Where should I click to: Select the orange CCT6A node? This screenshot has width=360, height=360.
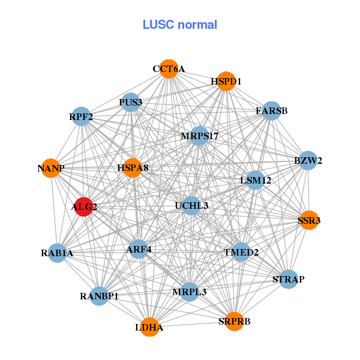(169, 70)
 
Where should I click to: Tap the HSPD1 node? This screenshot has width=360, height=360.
(226, 81)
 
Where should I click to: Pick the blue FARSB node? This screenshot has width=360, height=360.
(271, 111)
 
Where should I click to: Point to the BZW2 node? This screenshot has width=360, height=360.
(308, 160)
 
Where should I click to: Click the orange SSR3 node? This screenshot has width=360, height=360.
(308, 220)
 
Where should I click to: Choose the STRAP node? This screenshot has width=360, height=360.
(289, 279)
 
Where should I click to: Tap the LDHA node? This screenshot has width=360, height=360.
(149, 327)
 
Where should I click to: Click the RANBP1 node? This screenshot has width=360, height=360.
(100, 296)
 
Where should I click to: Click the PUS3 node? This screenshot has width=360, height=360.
(130, 102)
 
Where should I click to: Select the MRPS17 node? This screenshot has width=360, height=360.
(199, 136)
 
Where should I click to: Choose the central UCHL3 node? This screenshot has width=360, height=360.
(191, 206)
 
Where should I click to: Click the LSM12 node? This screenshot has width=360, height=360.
(256, 180)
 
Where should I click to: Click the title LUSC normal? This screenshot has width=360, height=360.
(180, 25)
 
